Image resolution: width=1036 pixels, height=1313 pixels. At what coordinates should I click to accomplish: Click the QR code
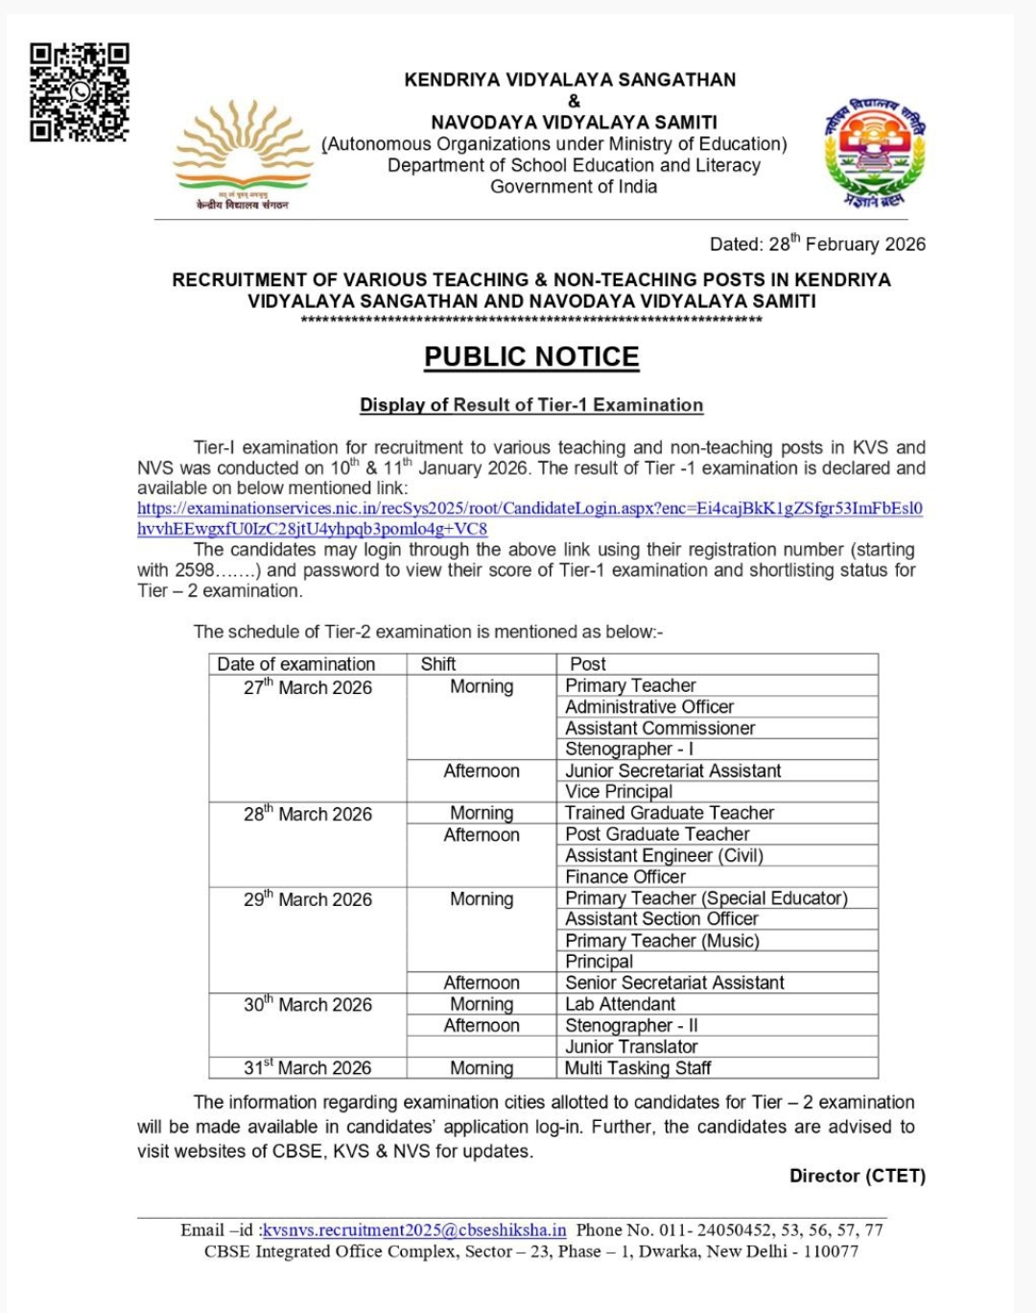click(79, 92)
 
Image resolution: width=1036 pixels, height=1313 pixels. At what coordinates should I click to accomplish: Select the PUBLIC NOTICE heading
click(531, 357)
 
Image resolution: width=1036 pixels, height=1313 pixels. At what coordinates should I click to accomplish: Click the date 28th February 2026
click(817, 244)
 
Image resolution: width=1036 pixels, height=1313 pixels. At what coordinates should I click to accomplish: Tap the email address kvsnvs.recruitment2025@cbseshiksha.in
click(414, 1229)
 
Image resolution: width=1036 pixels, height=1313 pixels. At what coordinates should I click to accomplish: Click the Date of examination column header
click(296, 664)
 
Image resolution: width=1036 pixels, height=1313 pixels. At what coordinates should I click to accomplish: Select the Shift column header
click(438, 664)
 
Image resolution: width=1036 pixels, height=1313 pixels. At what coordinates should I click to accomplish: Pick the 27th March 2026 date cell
click(307, 687)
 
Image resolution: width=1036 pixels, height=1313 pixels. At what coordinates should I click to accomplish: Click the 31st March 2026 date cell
click(307, 1067)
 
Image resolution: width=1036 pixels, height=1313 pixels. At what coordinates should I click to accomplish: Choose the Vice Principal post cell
click(619, 792)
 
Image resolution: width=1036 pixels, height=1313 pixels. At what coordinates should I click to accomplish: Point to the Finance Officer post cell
click(625, 876)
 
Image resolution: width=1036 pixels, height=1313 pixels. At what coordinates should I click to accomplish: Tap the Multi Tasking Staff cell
click(638, 1067)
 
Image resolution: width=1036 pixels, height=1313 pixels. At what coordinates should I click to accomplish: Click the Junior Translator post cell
click(631, 1046)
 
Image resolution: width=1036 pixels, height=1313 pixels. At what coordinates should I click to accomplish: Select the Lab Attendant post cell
click(620, 1004)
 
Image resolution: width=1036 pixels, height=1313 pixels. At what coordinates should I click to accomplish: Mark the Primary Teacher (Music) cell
click(662, 941)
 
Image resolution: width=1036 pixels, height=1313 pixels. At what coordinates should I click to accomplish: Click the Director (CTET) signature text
click(857, 1176)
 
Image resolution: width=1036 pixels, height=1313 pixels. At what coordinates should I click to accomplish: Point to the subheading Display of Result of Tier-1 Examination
click(531, 405)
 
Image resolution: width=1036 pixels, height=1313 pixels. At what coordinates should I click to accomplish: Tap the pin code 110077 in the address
click(831, 1252)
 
